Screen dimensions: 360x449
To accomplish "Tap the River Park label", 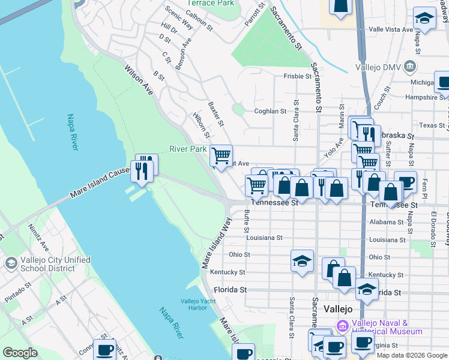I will pos(188,149).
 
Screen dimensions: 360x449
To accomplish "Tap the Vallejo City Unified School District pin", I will pos(11,263).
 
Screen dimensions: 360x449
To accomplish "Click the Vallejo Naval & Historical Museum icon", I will pos(342,326).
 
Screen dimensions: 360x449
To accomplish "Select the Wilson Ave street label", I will pos(139,80).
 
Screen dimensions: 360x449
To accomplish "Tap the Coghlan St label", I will pos(270,111).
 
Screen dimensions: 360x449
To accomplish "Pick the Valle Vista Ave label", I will pos(391,29).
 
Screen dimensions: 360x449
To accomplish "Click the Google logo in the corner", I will pos(20,353).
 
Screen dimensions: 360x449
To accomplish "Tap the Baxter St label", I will pos(215,114).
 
